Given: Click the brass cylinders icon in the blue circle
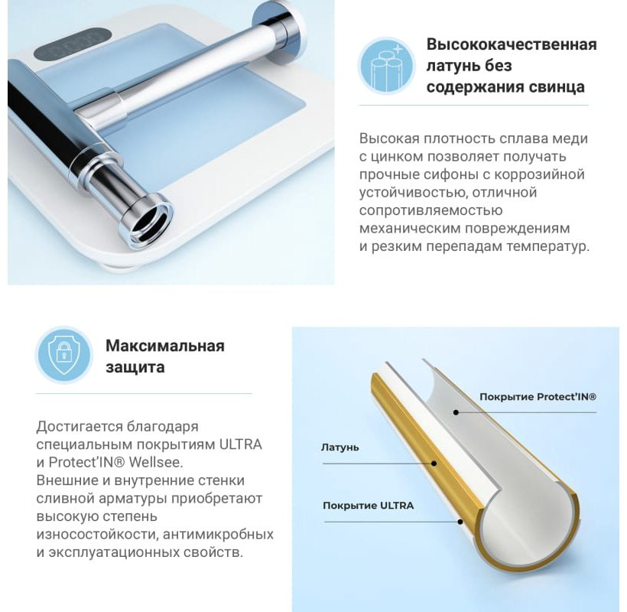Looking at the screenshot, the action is click(x=387, y=67).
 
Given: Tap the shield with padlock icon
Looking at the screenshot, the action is click(x=63, y=355).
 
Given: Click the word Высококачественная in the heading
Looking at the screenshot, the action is click(x=512, y=44).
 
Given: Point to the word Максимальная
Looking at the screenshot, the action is click(x=165, y=346).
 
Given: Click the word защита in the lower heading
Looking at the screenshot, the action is click(x=135, y=367).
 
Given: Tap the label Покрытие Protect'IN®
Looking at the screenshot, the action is click(x=538, y=397).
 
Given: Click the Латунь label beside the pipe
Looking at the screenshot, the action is click(x=340, y=448).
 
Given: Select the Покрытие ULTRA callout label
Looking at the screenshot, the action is click(x=369, y=506).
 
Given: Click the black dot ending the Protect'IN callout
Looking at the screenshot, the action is click(x=456, y=412).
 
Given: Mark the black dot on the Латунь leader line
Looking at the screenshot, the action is click(x=434, y=464).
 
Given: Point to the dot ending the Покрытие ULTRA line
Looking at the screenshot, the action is click(x=460, y=522).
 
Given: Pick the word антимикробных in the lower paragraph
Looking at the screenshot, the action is click(x=219, y=535).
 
